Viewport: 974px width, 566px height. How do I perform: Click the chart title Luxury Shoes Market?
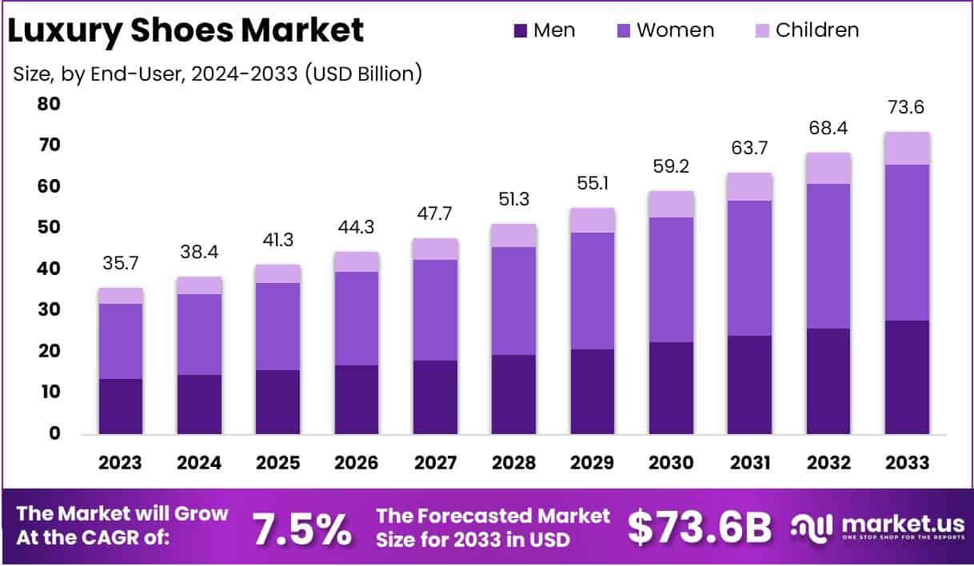tap(186, 30)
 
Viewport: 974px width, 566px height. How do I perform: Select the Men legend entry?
tap(545, 30)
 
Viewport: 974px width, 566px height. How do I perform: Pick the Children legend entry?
tap(807, 30)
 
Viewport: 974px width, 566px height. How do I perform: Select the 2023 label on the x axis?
tap(121, 463)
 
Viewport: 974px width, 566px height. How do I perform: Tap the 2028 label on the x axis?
tap(513, 463)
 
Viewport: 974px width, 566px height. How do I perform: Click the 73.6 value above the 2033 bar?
tap(907, 108)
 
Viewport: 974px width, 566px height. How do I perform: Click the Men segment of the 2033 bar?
tap(907, 377)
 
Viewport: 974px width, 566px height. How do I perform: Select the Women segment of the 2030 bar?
tap(671, 280)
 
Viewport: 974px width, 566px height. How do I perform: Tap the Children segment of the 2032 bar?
tap(828, 168)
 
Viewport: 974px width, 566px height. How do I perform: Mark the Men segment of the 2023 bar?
tap(121, 406)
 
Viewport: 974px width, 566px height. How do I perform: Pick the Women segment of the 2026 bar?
tap(357, 318)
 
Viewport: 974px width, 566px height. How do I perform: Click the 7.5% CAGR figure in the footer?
tap(301, 528)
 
